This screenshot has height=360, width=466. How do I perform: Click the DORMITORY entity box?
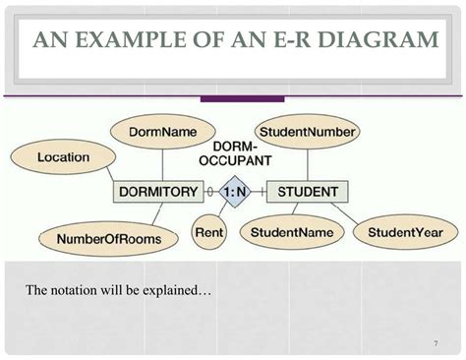tap(158, 192)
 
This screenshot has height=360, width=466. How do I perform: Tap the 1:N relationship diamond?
tap(234, 192)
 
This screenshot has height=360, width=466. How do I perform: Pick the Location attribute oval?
tap(63, 157)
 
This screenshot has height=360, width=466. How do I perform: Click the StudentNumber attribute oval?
tap(307, 131)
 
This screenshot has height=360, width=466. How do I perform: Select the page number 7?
tap(434, 344)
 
